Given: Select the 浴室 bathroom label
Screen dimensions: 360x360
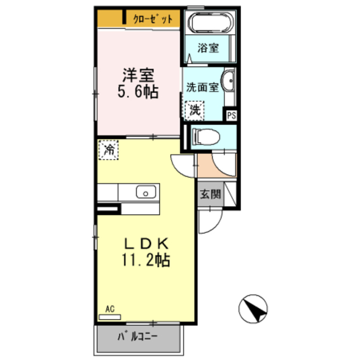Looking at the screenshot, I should point(208,48).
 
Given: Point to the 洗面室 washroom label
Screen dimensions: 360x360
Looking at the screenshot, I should point(202,87).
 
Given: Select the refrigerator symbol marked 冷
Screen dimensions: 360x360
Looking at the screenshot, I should point(109,150).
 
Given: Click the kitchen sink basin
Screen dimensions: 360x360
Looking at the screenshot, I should point(146,192).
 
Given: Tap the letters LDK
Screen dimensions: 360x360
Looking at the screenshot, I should point(146,244).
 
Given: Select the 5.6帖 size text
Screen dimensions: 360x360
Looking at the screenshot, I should point(137,91).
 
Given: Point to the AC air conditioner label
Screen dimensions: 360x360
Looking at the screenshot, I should point(110,309).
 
